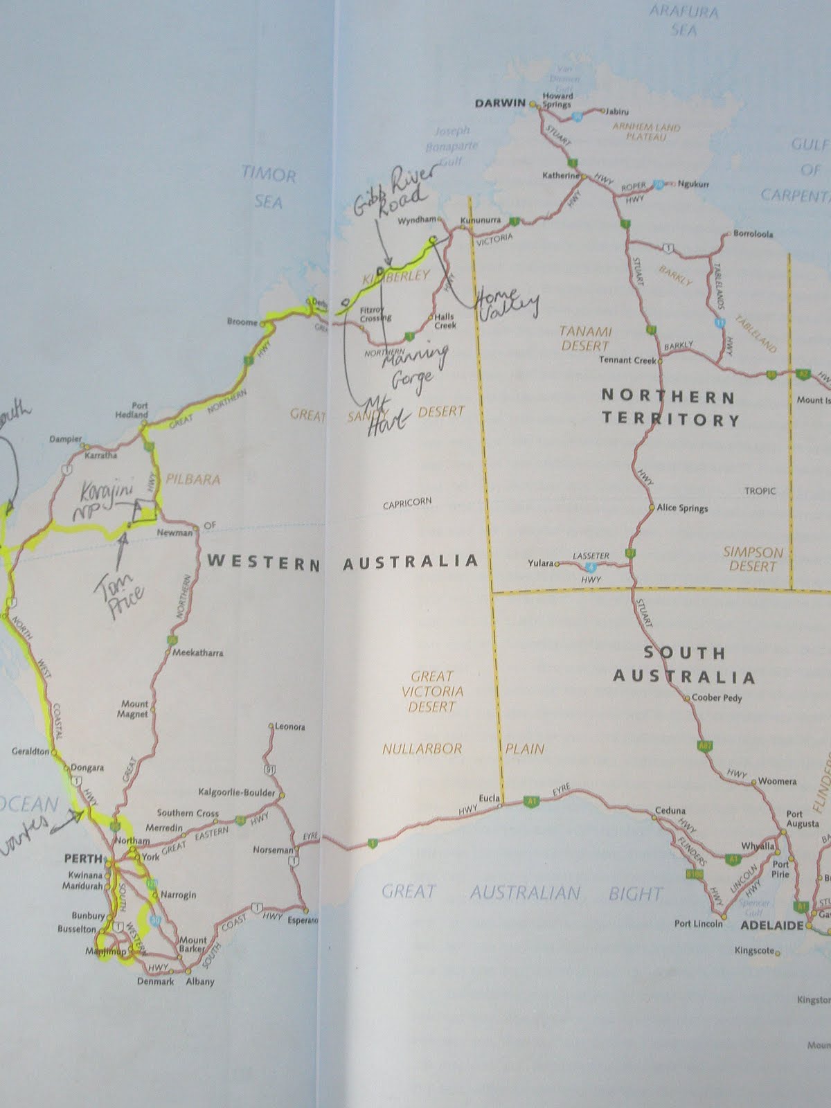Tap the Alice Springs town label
[682, 508]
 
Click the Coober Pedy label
[717, 698]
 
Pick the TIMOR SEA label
[269, 187]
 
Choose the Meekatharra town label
[199, 652]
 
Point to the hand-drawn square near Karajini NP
[147, 509]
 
